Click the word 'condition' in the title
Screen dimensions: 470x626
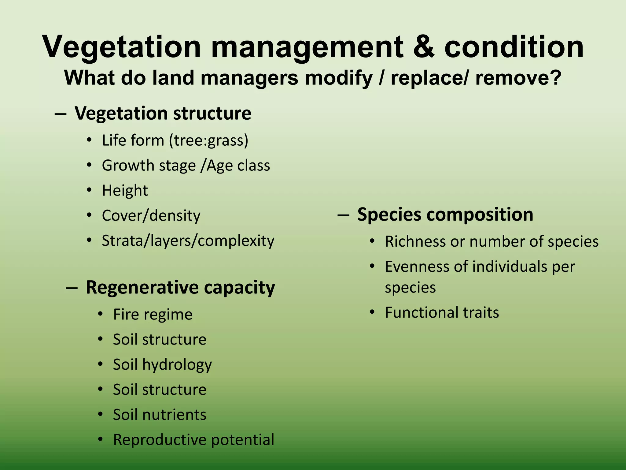click(x=514, y=47)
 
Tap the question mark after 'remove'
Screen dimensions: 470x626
click(x=555, y=78)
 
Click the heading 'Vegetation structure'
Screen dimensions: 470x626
click(x=163, y=113)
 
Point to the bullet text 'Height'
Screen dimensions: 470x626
click(x=125, y=190)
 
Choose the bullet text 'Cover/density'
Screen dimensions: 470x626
click(x=151, y=215)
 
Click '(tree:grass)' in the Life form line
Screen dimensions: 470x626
click(x=209, y=140)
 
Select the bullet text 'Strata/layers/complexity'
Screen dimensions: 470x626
click(x=188, y=241)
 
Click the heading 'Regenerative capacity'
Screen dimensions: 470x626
click(x=180, y=287)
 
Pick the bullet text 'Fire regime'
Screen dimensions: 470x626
click(x=153, y=314)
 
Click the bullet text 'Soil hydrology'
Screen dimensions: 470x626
click(x=162, y=364)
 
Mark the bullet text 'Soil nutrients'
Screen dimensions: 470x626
click(x=160, y=415)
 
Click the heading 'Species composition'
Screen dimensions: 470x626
click(x=445, y=214)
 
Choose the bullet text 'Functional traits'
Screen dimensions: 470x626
click(x=442, y=312)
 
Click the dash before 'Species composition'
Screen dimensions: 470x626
click(x=343, y=215)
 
